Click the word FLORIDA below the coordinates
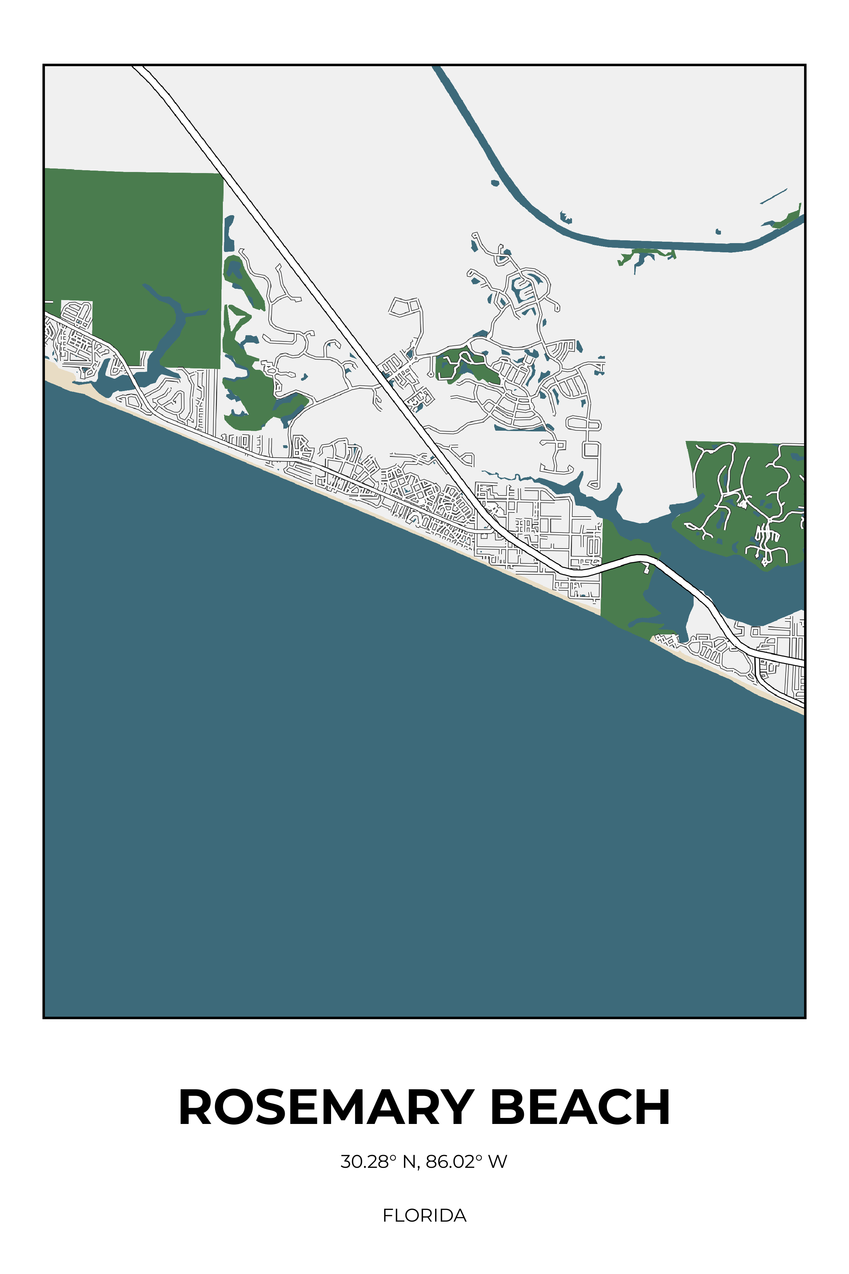(424, 1216)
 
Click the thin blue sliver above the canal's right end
(774, 196)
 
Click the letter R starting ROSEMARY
(198, 1108)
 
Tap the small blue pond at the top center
(494, 183)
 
